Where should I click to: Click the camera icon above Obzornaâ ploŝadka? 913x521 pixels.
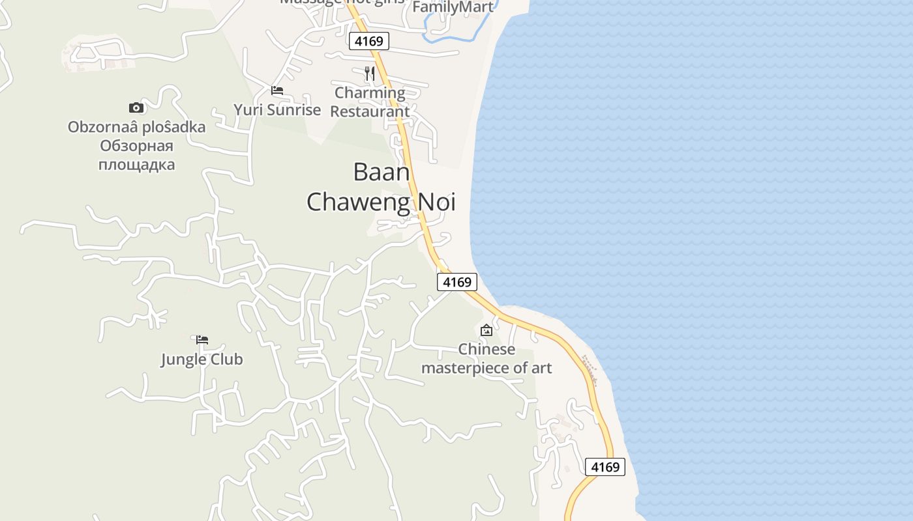[136, 107]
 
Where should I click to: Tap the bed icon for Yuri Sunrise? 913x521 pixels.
[277, 91]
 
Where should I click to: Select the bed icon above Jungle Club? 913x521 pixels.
[202, 339]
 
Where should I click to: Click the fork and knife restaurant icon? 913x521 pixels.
[370, 73]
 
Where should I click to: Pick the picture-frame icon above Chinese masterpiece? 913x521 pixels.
[486, 330]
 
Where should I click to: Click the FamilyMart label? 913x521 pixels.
[453, 7]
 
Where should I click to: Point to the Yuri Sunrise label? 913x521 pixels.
[277, 109]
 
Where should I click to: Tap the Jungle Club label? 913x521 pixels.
[202, 359]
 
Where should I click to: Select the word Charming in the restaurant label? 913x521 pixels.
[370, 92]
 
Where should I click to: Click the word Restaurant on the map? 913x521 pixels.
[370, 111]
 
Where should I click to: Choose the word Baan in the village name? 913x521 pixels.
[382, 172]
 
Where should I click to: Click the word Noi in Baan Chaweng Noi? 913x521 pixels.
[434, 202]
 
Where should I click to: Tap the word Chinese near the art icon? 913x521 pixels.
[486, 349]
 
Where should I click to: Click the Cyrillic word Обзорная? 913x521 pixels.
[136, 145]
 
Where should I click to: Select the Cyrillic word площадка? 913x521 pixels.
[136, 164]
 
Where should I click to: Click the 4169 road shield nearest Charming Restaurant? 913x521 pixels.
[369, 42]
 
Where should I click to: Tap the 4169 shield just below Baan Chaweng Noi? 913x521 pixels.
[456, 282]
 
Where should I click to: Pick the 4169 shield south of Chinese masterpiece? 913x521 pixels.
[605, 467]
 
